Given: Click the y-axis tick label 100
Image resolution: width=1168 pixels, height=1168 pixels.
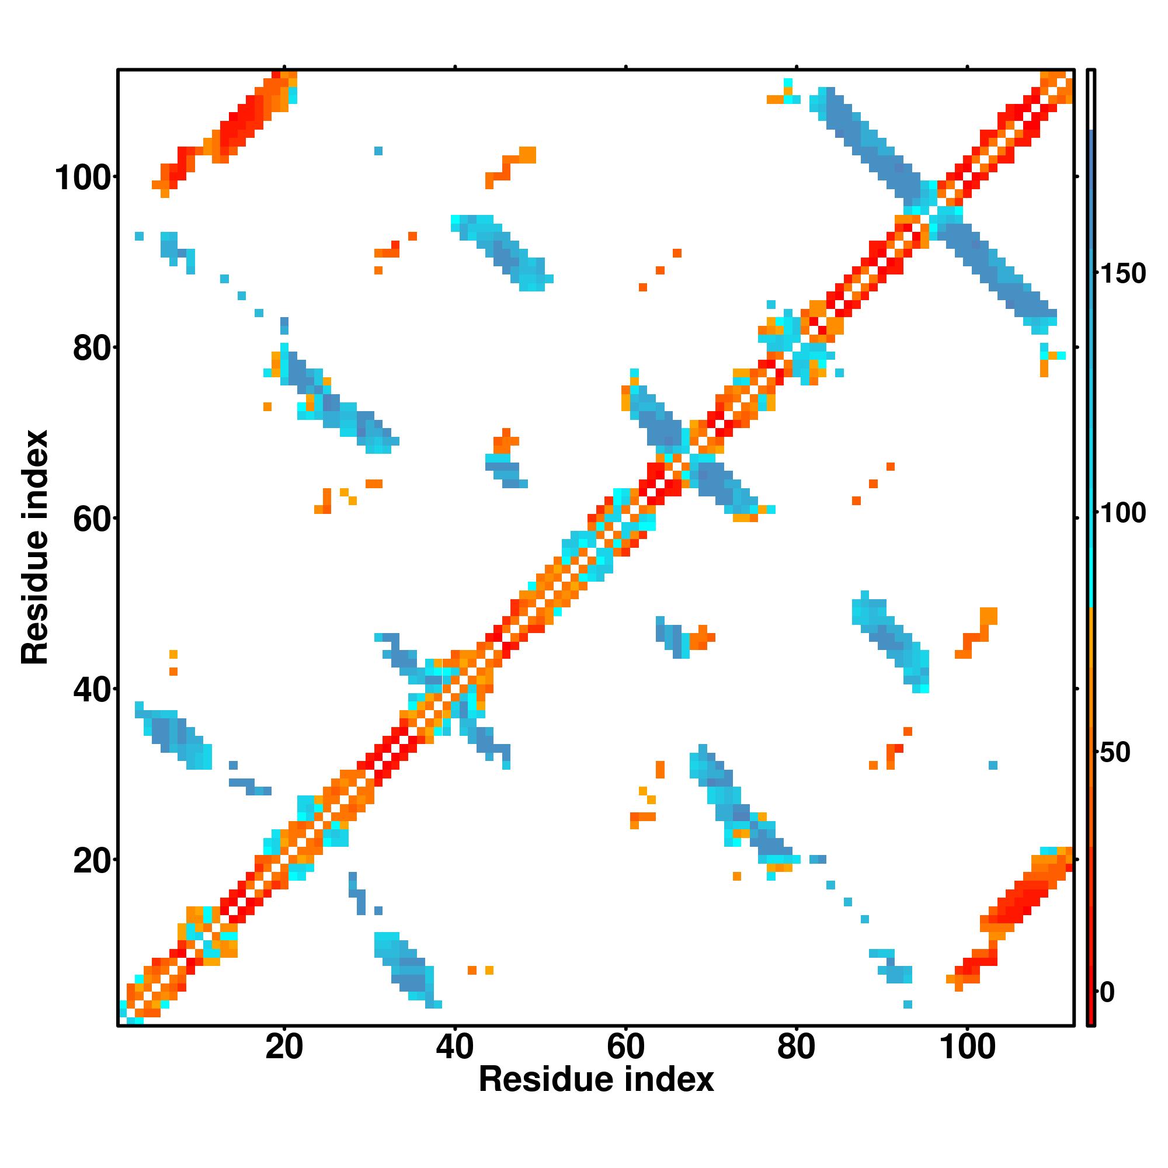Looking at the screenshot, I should (x=85, y=178).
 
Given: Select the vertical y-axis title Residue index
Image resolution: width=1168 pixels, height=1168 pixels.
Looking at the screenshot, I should (x=35, y=547).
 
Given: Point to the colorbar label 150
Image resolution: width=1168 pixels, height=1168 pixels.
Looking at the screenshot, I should (x=1122, y=274).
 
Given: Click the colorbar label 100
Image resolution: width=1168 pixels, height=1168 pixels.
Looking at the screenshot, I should (x=1122, y=513).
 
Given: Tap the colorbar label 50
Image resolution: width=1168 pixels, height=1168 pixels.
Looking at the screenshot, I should (x=1115, y=753).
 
